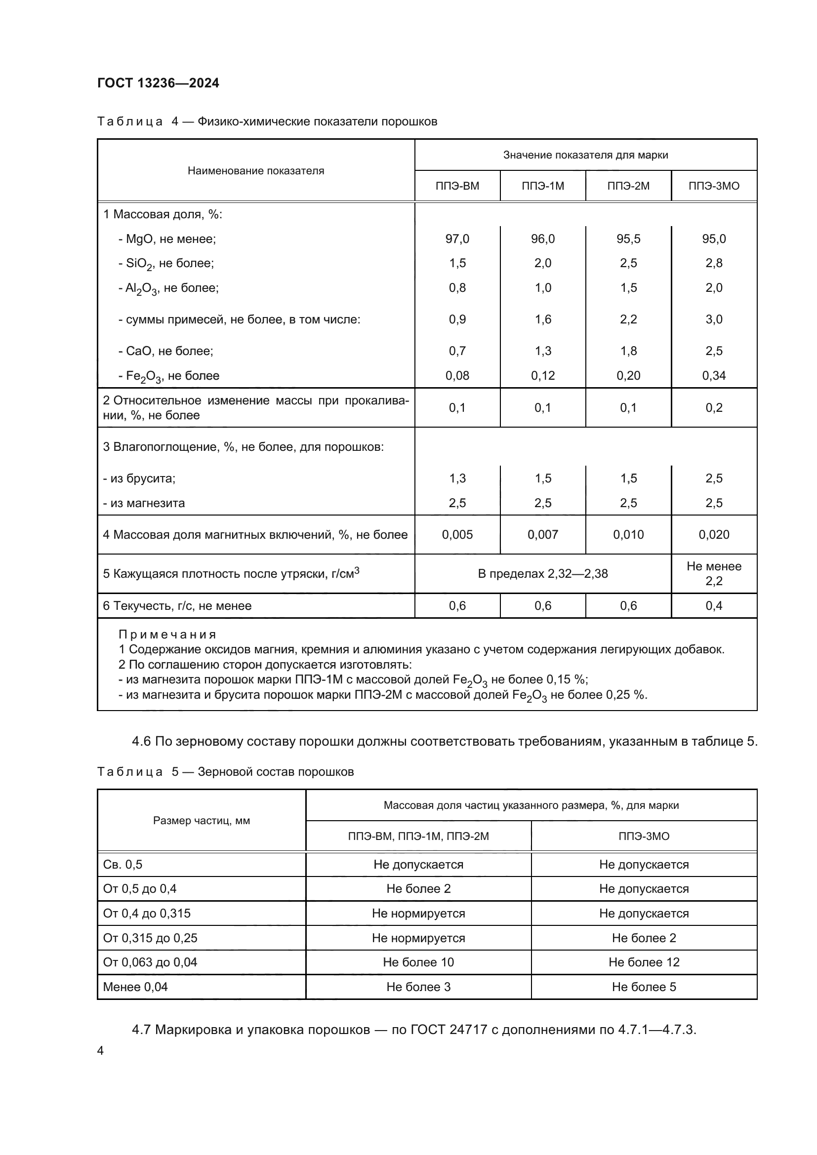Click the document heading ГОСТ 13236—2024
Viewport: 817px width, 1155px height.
point(158,83)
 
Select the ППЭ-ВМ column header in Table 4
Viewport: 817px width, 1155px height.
point(457,186)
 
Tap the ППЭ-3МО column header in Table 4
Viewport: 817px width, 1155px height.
point(713,186)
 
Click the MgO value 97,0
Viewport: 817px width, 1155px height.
point(457,239)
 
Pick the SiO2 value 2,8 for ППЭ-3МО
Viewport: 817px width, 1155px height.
point(713,263)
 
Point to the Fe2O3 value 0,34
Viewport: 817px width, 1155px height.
point(713,376)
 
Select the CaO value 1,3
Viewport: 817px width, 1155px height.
point(542,351)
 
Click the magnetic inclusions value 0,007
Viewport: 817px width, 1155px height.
point(542,535)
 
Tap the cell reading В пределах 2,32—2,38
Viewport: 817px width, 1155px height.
point(542,574)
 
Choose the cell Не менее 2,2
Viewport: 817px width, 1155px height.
point(713,573)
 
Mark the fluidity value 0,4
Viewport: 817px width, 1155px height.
point(713,606)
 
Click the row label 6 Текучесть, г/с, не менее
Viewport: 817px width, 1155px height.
point(177,606)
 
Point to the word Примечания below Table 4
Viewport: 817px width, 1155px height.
point(167,635)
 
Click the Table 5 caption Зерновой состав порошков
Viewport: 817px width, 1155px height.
point(276,772)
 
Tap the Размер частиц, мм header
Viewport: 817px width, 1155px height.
point(201,821)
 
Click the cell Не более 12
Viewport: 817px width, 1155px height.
point(644,962)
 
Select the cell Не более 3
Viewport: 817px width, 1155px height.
point(418,987)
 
